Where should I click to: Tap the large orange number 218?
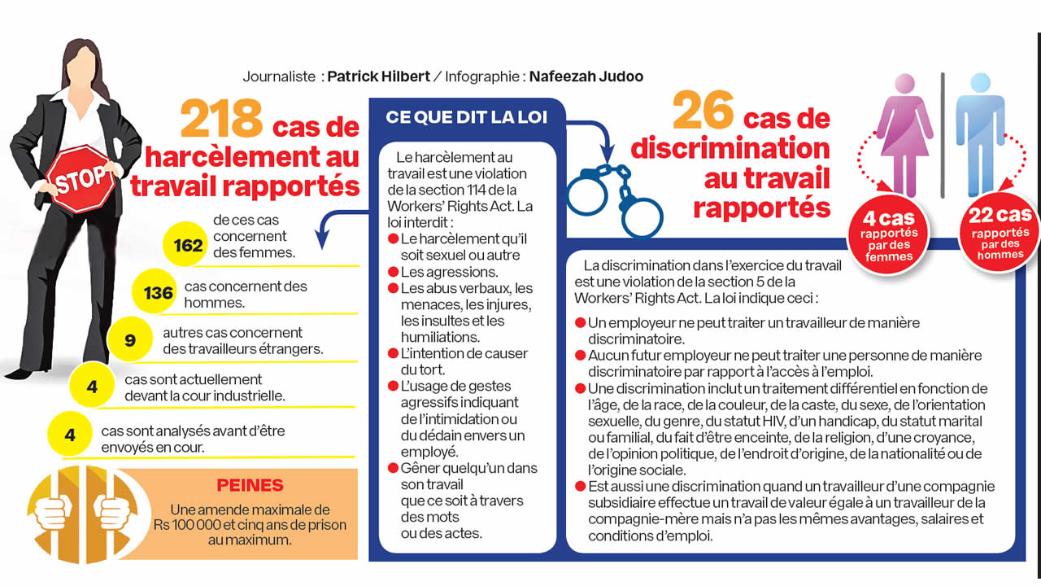[x=221, y=119]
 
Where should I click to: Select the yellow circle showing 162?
[x=188, y=244]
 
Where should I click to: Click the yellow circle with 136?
[x=158, y=292]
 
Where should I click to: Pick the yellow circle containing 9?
[x=130, y=340]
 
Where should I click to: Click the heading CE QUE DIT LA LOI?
[x=466, y=117]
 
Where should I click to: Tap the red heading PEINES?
[x=250, y=486]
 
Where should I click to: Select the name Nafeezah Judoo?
[x=586, y=77]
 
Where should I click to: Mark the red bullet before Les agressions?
[x=393, y=272]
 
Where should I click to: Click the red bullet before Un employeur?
[x=580, y=323]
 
